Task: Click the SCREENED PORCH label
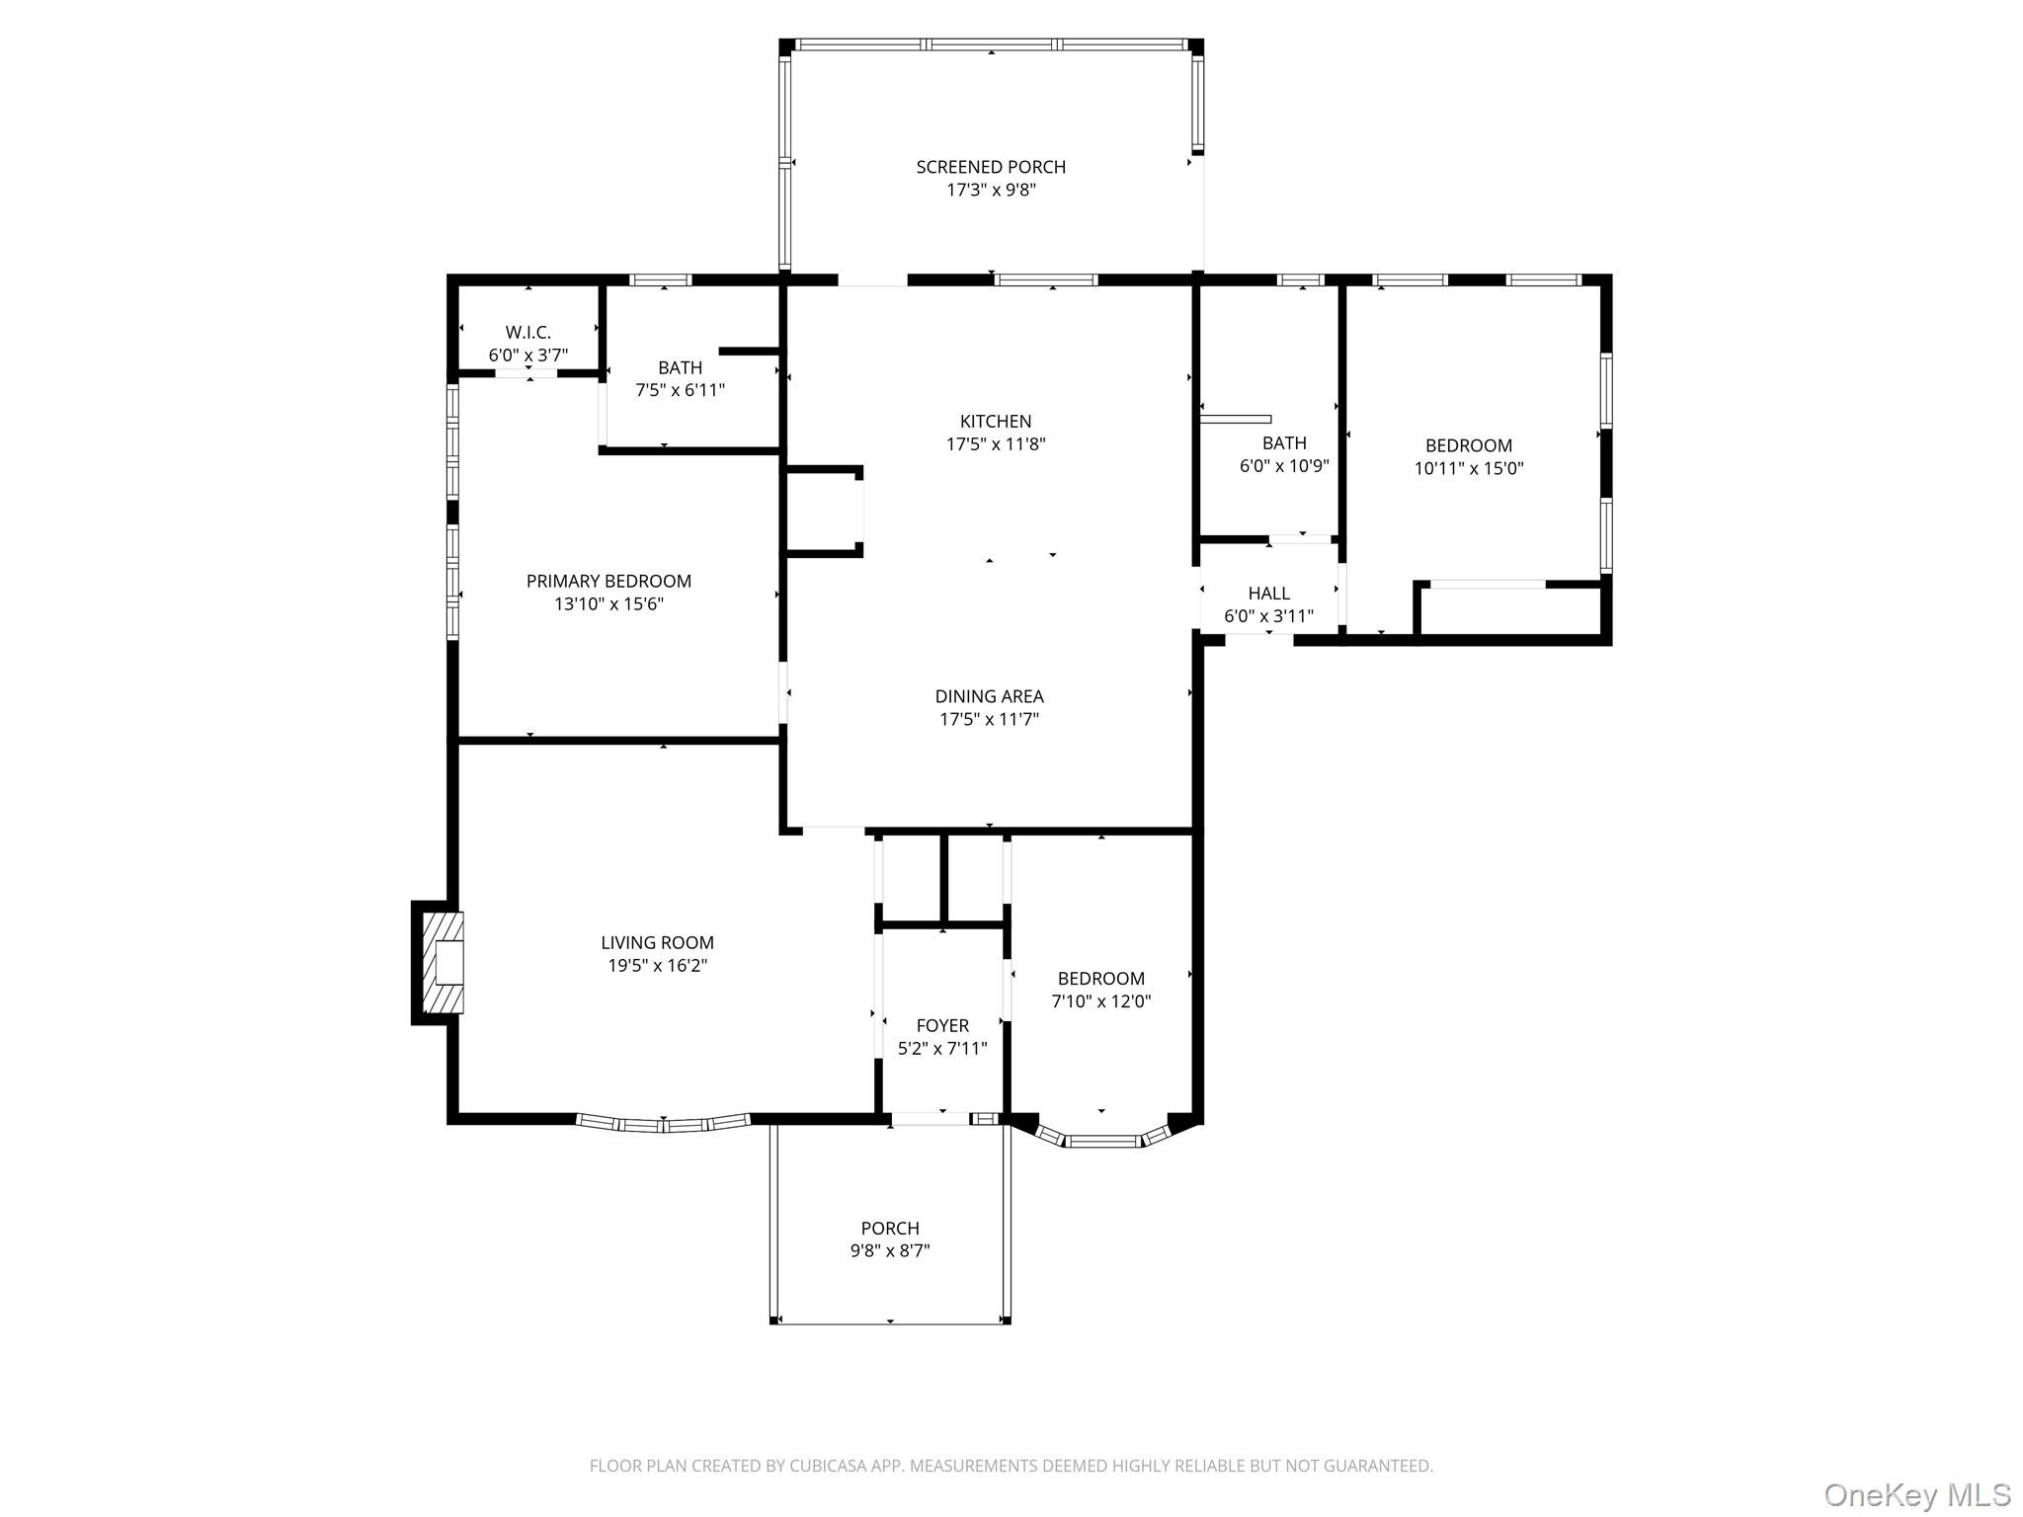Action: pyautogui.click(x=991, y=167)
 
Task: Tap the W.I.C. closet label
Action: pyautogui.click(x=527, y=333)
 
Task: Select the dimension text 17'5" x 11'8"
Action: pyautogui.click(x=996, y=444)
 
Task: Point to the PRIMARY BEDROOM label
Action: pyautogui.click(x=608, y=581)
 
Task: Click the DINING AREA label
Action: pyautogui.click(x=989, y=696)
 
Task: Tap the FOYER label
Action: pyautogui.click(x=942, y=1025)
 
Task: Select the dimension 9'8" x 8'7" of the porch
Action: pyautogui.click(x=890, y=1251)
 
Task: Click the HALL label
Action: pyautogui.click(x=1268, y=594)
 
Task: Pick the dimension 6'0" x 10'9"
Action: pyautogui.click(x=1284, y=466)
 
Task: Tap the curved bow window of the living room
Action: pyautogui.click(x=663, y=1124)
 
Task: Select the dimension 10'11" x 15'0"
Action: pyautogui.click(x=1469, y=469)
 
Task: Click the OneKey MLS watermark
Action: pyautogui.click(x=1916, y=1494)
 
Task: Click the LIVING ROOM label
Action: pyautogui.click(x=657, y=943)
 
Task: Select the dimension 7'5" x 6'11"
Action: pyautogui.click(x=680, y=390)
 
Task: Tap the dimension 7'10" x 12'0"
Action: pyautogui.click(x=1101, y=1001)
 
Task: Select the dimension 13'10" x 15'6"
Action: pyautogui.click(x=608, y=604)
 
